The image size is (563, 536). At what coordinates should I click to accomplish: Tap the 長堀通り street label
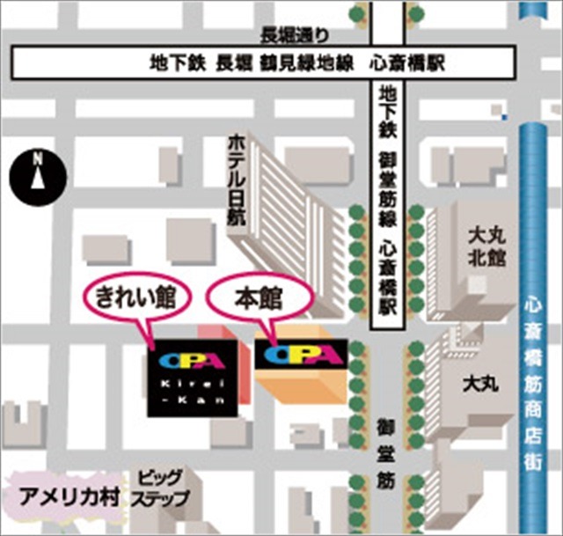click(x=295, y=36)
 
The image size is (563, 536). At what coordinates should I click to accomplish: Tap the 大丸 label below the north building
click(x=480, y=385)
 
